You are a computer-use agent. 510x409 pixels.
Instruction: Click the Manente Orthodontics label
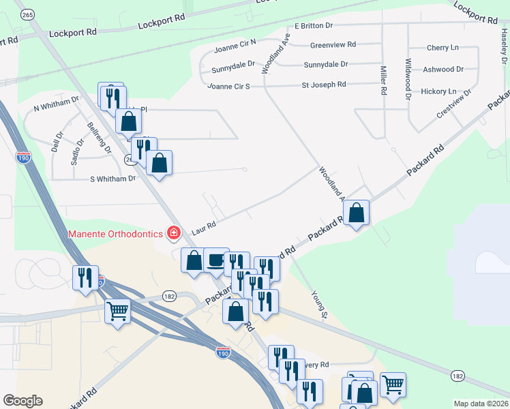click(x=115, y=234)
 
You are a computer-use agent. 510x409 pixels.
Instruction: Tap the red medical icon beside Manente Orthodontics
click(x=174, y=234)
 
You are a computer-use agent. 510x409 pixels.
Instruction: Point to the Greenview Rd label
click(x=333, y=45)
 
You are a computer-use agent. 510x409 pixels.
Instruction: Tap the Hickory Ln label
click(x=438, y=91)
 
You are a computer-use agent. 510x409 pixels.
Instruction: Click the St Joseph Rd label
click(x=324, y=85)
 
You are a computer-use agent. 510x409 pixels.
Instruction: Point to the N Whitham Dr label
click(x=57, y=108)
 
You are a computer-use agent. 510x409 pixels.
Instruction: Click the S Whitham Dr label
click(x=113, y=179)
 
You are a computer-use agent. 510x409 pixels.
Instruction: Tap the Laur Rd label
click(x=204, y=228)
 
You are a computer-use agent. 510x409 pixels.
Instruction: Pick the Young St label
click(x=320, y=303)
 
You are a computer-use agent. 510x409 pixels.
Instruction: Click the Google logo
click(x=22, y=401)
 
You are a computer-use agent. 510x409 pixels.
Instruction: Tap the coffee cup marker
click(x=216, y=261)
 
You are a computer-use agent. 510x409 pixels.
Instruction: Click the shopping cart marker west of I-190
click(x=118, y=312)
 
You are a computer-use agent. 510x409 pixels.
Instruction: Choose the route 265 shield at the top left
click(x=28, y=14)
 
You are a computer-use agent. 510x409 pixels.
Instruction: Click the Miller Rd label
click(x=383, y=80)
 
